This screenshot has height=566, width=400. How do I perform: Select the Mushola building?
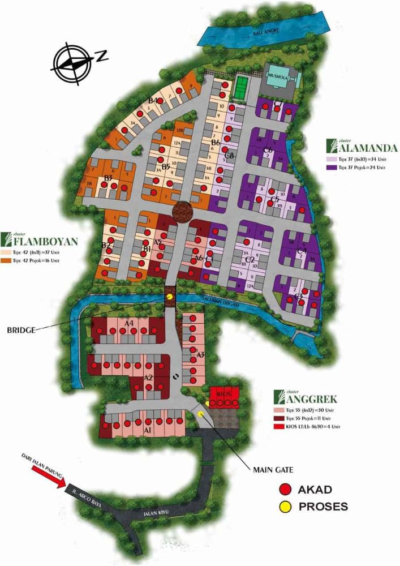pyautogui.click(x=281, y=78)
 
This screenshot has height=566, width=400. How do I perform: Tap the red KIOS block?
pyautogui.click(x=224, y=397)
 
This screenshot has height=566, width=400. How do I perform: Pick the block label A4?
pyautogui.click(x=129, y=323)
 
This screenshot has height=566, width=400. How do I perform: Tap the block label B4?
pyautogui.click(x=153, y=101)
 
